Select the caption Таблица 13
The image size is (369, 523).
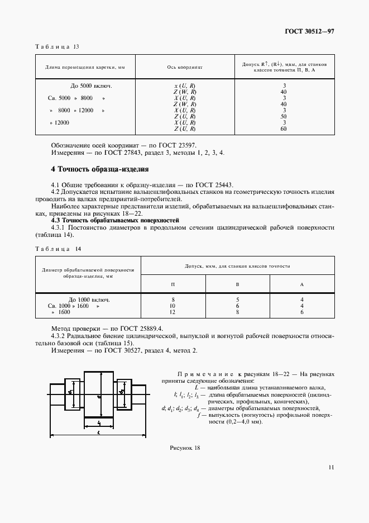(58, 47)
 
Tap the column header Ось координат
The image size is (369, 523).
(185, 67)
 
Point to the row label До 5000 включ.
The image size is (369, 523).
(92, 85)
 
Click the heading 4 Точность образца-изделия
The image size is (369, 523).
(99, 169)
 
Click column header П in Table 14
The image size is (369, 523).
(173, 284)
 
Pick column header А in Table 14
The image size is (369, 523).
(301, 284)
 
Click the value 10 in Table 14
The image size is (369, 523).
(173, 306)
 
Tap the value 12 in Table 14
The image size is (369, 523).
(173, 312)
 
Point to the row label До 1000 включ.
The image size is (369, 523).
(89, 299)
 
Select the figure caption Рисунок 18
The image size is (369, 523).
(184, 448)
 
